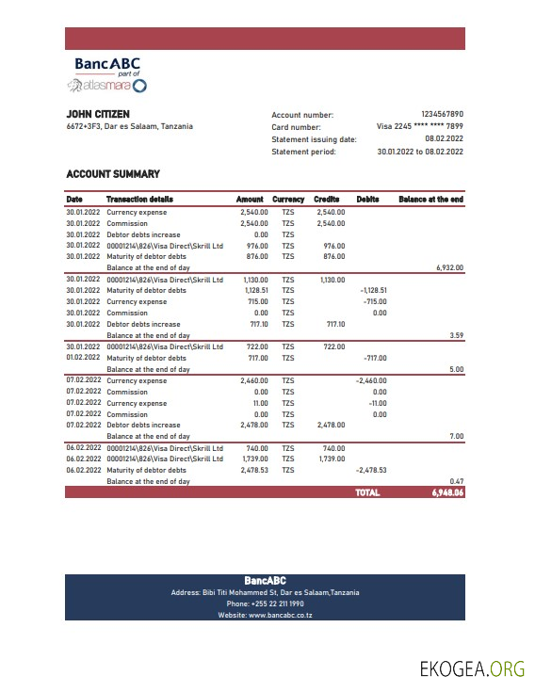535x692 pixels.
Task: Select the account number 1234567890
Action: point(442,114)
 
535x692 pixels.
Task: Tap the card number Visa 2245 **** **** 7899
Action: point(419,126)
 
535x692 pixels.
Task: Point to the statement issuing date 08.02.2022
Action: point(444,138)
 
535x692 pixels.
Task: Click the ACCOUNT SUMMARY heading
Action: point(113,174)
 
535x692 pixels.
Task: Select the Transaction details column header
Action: point(139,200)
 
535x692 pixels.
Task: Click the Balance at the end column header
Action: point(430,200)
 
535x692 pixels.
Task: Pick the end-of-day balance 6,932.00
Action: point(449,267)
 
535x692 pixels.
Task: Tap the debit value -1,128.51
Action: point(374,291)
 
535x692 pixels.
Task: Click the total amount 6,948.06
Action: point(447,491)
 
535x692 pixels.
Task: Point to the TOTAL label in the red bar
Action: point(367,491)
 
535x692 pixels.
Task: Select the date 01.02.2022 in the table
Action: point(83,358)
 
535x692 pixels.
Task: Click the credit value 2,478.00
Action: point(330,425)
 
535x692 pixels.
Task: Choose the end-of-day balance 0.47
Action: point(456,481)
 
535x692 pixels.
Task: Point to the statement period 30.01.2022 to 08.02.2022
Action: point(419,151)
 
